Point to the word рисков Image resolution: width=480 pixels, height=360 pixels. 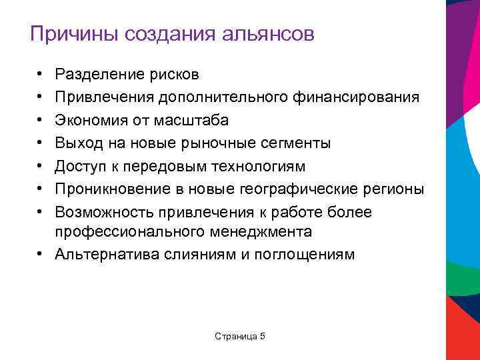(173, 75)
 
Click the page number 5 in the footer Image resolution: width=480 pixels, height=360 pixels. (262, 336)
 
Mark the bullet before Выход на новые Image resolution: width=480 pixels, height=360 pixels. (41, 143)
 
